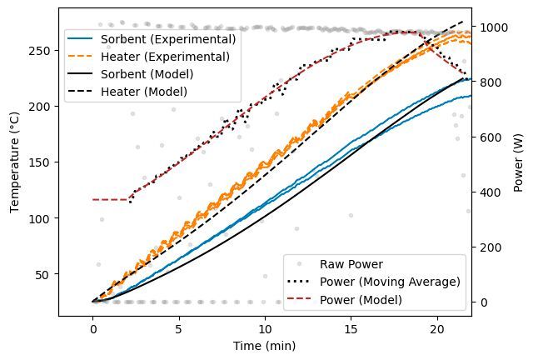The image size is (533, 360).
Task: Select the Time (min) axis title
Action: tap(265, 345)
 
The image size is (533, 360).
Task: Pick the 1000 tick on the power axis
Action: tap(493, 27)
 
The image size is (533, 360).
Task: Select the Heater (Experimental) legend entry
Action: tap(165, 57)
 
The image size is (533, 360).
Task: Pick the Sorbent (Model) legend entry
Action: tap(147, 74)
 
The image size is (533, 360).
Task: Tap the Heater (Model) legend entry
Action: tap(143, 92)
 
